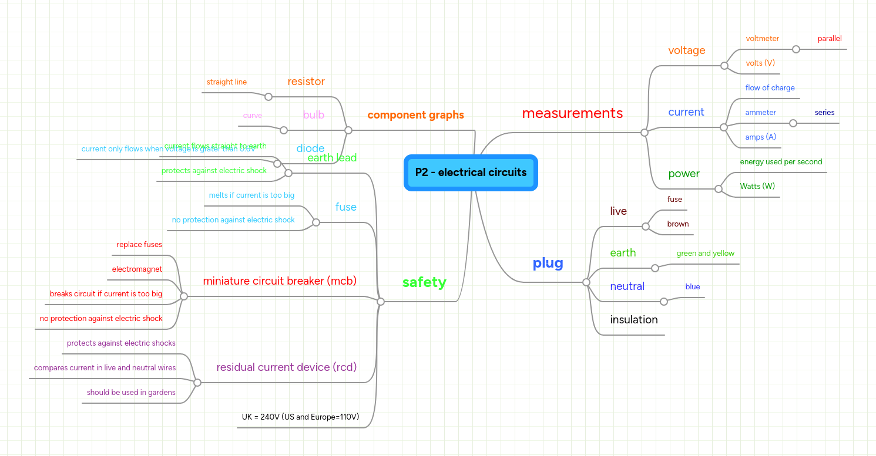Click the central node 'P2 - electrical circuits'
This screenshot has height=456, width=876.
coord(471,173)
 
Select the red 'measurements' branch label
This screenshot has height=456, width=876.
coord(572,113)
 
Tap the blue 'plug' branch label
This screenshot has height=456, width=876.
coord(548,264)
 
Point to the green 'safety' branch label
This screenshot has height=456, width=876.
coord(424,282)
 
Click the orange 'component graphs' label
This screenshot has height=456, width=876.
coord(415,115)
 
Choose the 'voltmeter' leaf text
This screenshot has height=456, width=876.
coord(762,39)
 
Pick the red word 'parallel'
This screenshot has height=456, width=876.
coord(829,39)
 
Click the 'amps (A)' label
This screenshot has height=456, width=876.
coord(760,137)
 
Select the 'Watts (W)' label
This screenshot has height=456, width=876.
coord(757,187)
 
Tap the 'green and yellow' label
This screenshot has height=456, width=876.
coord(705,254)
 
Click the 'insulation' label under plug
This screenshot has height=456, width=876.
coord(633,320)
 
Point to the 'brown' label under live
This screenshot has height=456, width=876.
coord(677,224)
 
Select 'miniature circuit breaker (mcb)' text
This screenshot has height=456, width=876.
coord(280,281)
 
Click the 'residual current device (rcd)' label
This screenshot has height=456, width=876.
coord(286,367)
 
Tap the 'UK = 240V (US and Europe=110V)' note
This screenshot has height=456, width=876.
coord(300,417)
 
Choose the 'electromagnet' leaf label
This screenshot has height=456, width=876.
coord(137,269)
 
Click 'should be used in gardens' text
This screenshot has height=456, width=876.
coord(131,393)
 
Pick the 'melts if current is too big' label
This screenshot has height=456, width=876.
coord(251,195)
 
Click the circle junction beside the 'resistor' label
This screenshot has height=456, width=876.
coord(268,97)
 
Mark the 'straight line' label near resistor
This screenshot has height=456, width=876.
coord(226,82)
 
